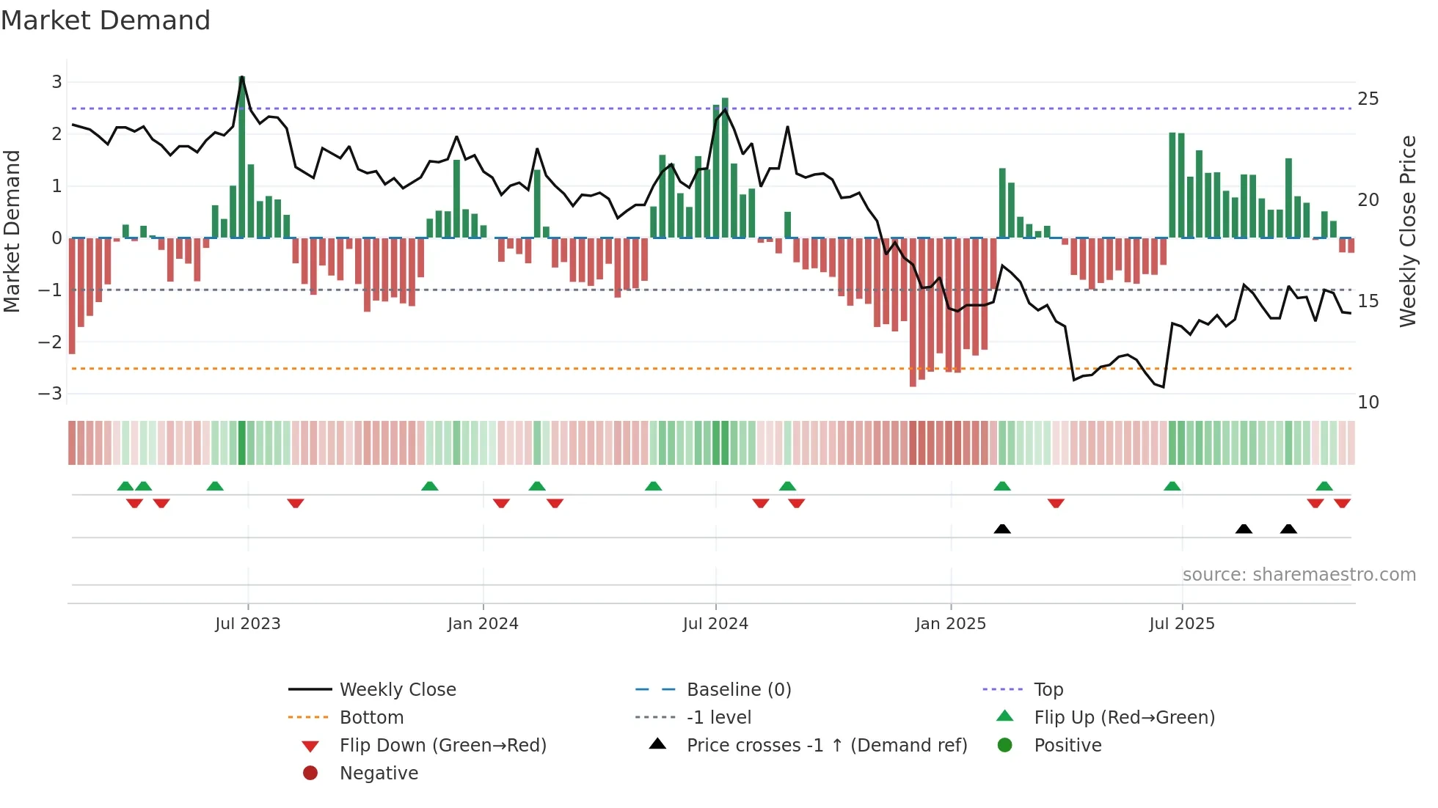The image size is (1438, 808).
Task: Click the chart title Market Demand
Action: (x=106, y=21)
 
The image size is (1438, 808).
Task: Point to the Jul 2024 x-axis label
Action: (x=715, y=624)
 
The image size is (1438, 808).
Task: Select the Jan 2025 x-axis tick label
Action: (x=951, y=624)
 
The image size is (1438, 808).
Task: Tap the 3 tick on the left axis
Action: (x=56, y=81)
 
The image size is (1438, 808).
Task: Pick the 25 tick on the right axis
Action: (x=1368, y=99)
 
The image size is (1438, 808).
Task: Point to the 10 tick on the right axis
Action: (x=1368, y=403)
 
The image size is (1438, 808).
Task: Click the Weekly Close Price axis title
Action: (x=1407, y=231)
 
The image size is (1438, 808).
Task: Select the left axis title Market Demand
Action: (x=12, y=231)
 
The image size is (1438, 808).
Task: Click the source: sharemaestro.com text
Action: (x=1299, y=575)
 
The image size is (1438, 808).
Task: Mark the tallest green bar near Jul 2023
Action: (x=242, y=158)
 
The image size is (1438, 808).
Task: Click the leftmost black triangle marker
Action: (x=1002, y=529)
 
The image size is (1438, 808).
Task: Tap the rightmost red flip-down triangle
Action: (x=1343, y=503)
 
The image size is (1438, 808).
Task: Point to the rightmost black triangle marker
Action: (x=1288, y=529)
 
